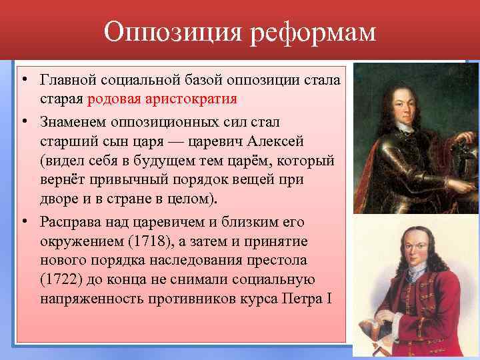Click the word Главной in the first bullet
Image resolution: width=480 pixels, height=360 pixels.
(x=67, y=80)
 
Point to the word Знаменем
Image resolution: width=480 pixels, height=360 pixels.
(x=71, y=123)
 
